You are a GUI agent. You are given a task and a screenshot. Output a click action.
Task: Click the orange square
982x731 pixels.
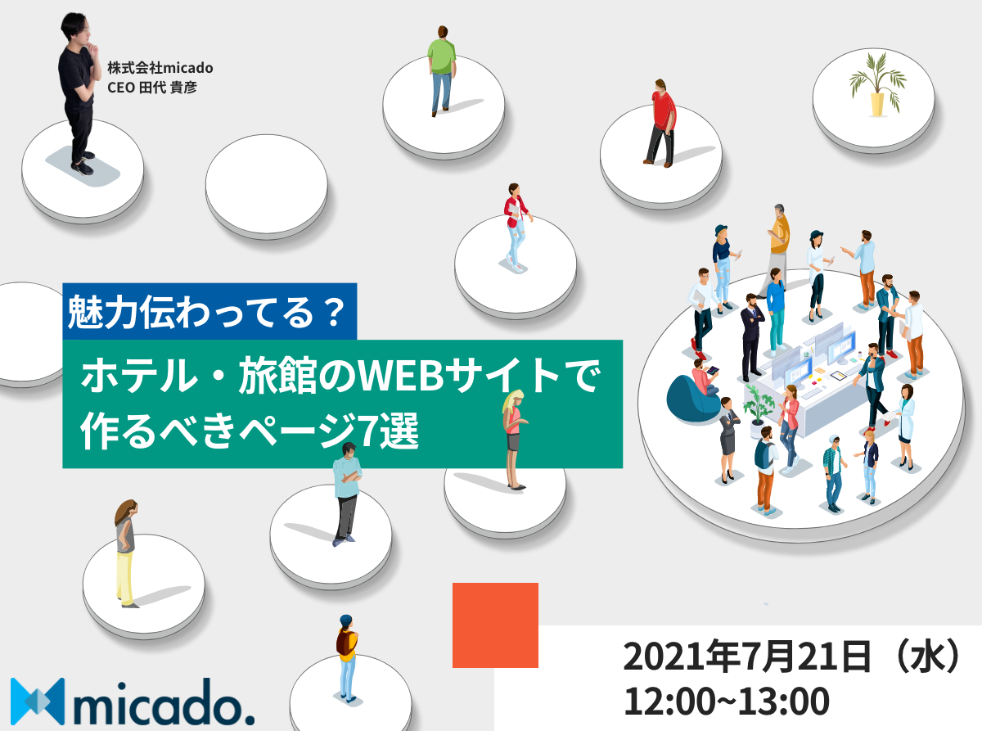[x=495, y=625]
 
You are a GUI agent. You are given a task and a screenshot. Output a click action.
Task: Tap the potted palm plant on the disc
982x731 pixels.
[x=877, y=84]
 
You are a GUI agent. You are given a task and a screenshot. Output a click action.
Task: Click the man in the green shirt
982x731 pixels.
[x=442, y=71]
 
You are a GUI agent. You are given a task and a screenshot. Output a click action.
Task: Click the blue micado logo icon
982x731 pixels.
[x=38, y=702]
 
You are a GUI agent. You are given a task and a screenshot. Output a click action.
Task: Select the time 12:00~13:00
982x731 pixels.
[x=726, y=702]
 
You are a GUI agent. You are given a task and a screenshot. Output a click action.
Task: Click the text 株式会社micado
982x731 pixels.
[x=160, y=68]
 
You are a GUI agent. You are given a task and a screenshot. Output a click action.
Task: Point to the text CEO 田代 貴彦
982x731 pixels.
[x=152, y=88]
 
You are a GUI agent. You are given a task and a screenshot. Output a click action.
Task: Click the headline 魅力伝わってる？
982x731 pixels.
[x=206, y=313]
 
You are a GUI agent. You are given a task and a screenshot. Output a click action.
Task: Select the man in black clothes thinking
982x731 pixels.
[x=78, y=93]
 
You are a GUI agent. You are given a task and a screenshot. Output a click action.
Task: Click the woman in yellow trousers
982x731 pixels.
[x=126, y=554]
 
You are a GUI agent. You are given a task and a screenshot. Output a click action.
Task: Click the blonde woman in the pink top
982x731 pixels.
[x=514, y=440]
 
